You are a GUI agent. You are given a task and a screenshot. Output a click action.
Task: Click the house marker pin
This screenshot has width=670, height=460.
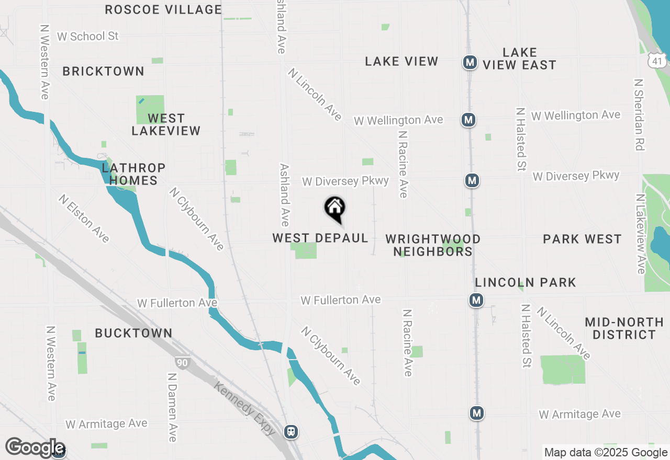pos(335,209)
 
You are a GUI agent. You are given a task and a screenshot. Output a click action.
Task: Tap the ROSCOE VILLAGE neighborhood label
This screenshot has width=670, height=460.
pos(163,9)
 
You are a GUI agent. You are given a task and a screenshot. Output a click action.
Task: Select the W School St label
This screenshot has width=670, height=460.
pos(88,36)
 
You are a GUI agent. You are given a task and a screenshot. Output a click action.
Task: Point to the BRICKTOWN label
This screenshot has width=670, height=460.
pos(103,71)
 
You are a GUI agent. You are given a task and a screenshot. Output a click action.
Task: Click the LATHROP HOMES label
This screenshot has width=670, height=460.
pos(133,174)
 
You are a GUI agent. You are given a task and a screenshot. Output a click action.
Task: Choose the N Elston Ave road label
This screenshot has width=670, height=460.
pos(84,218)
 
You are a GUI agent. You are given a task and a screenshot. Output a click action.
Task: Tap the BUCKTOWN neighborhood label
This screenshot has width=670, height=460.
pos(133,333)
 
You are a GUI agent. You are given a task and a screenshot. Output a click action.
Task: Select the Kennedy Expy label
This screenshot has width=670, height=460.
pos(244,408)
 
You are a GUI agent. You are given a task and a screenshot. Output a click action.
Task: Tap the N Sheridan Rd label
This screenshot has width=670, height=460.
pos(638,115)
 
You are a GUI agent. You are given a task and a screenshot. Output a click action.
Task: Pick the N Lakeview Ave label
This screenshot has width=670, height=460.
pos(640,234)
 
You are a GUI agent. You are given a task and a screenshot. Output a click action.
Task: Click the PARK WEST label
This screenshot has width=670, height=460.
pos(582,239)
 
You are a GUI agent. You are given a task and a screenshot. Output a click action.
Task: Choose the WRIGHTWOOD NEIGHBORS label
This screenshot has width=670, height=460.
pos(433,245)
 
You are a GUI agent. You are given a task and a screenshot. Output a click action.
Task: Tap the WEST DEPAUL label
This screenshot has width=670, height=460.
pos(320,238)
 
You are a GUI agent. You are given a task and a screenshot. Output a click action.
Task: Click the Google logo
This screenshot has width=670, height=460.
pos(35,447)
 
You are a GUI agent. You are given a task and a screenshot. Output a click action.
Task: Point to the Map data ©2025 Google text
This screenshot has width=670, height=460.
pos(606,453)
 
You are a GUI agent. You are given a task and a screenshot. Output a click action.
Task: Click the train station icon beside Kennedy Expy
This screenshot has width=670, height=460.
pos(291,432)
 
